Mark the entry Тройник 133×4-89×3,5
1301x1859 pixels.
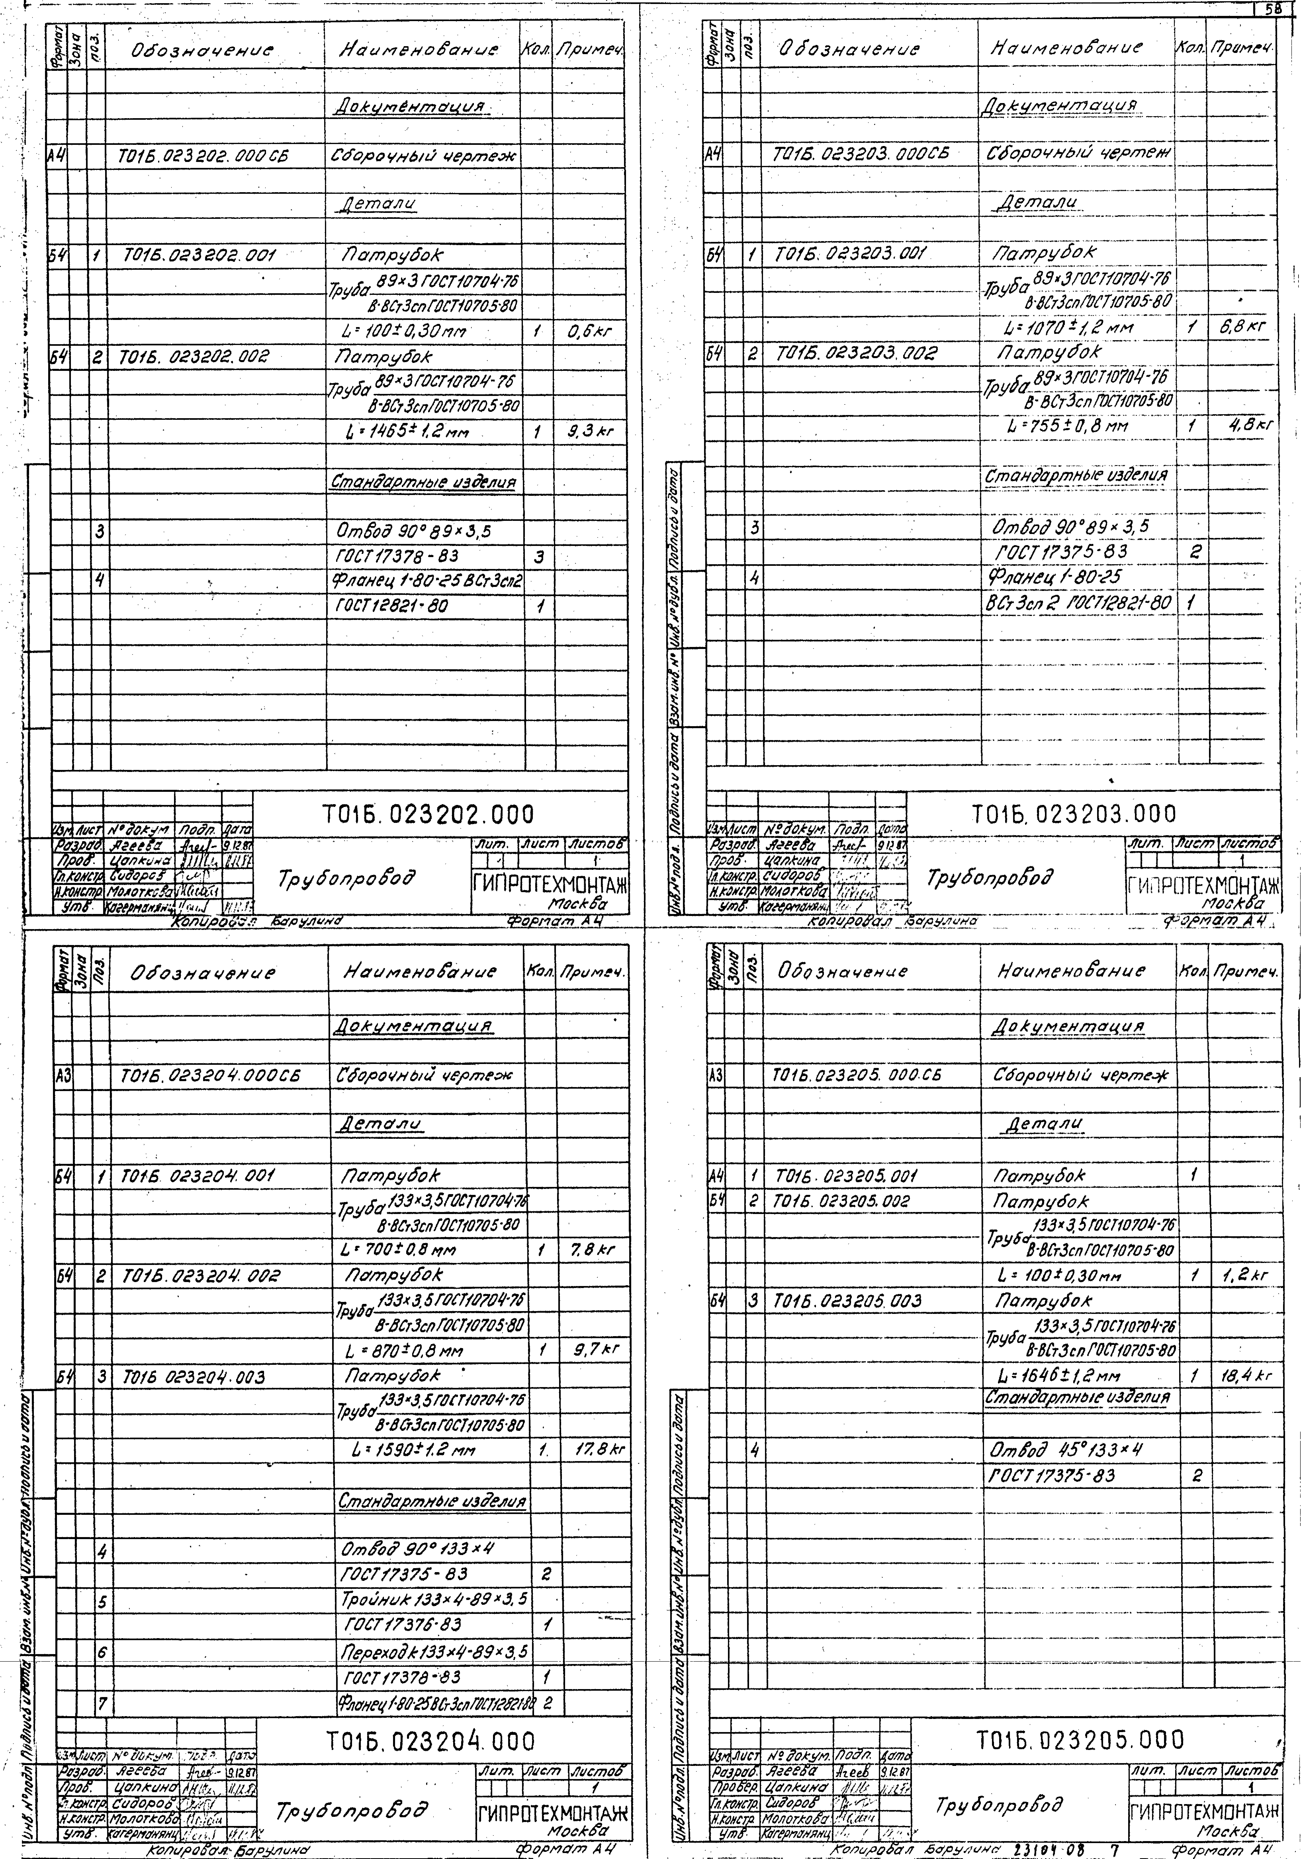pos(434,1599)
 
